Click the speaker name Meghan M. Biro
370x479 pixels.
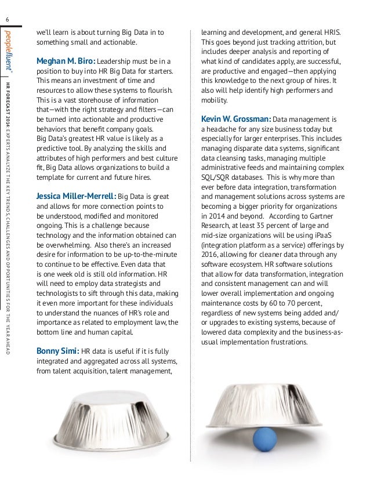point(65,60)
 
